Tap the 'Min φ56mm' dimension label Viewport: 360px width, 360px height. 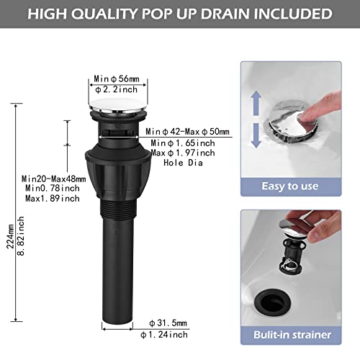click(x=117, y=78)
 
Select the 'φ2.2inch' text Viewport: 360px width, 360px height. click(x=117, y=89)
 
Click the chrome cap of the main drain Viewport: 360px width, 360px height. click(x=118, y=106)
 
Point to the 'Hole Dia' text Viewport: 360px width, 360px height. click(x=183, y=163)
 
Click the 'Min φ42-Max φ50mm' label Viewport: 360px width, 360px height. click(x=187, y=132)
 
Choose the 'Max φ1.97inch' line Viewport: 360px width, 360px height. click(x=183, y=153)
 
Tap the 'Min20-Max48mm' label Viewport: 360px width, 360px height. click(x=54, y=179)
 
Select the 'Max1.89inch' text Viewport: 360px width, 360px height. click(x=53, y=199)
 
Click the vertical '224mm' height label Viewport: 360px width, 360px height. click(x=10, y=236)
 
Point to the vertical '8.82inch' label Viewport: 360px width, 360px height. click(x=21, y=236)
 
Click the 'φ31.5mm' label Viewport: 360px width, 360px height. click(x=168, y=323)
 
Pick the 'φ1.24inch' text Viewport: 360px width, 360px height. click(x=164, y=335)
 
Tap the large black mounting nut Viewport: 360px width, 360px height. click(x=118, y=171)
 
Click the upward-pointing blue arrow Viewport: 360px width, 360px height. click(x=256, y=103)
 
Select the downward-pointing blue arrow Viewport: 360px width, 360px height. click(x=256, y=135)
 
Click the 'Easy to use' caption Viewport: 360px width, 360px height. click(x=290, y=186)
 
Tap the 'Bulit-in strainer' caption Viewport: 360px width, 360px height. click(x=292, y=335)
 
